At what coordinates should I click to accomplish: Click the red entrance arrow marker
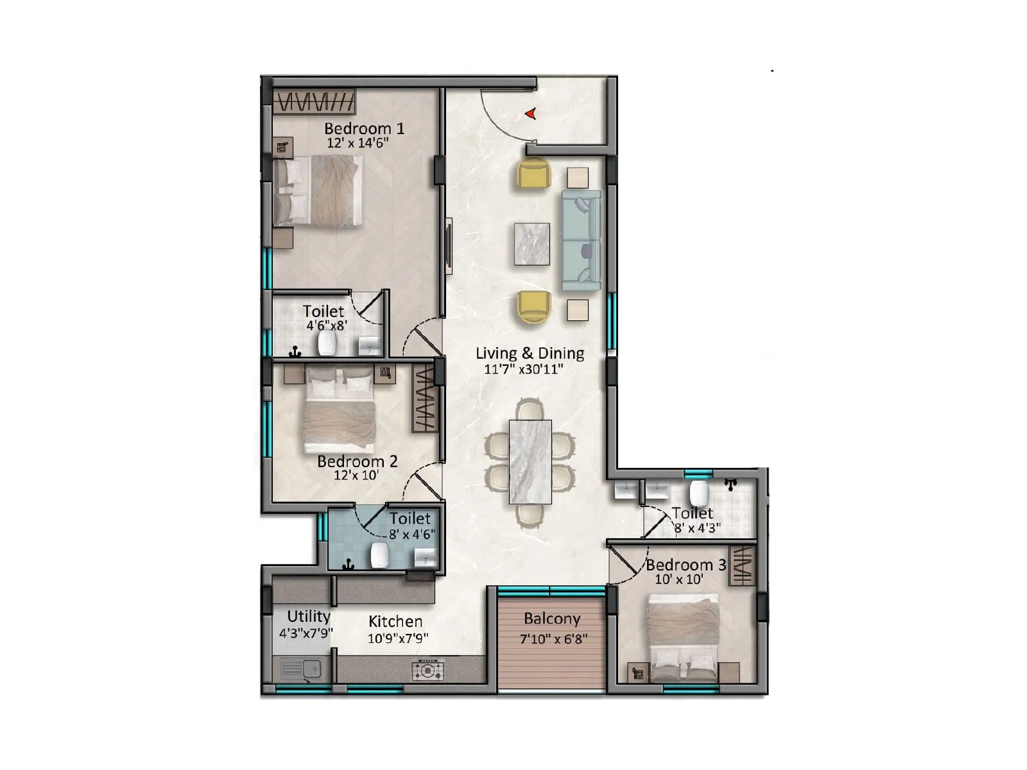pyautogui.click(x=531, y=114)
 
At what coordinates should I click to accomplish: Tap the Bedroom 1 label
pyautogui.click(x=364, y=128)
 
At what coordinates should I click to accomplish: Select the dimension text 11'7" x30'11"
pyautogui.click(x=523, y=369)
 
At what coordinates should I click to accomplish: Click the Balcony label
pyautogui.click(x=552, y=619)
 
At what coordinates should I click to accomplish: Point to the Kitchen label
pyautogui.click(x=395, y=621)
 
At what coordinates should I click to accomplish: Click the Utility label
pyautogui.click(x=309, y=616)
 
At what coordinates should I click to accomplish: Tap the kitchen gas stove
pyautogui.click(x=427, y=671)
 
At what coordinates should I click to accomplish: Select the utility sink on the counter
pyautogui.click(x=301, y=669)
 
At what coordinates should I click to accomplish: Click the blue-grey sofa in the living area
pyautogui.click(x=582, y=241)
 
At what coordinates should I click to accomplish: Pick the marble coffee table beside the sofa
pyautogui.click(x=531, y=244)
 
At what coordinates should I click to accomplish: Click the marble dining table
pyautogui.click(x=530, y=461)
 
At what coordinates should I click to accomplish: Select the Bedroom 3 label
pyautogui.click(x=686, y=565)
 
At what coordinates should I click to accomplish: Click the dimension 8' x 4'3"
pyautogui.click(x=697, y=528)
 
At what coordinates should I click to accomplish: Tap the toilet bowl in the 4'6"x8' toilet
pyautogui.click(x=328, y=344)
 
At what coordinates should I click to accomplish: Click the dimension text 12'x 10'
pyautogui.click(x=356, y=475)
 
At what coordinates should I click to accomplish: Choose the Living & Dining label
pyautogui.click(x=530, y=353)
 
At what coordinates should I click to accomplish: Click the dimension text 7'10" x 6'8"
pyautogui.click(x=553, y=638)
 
